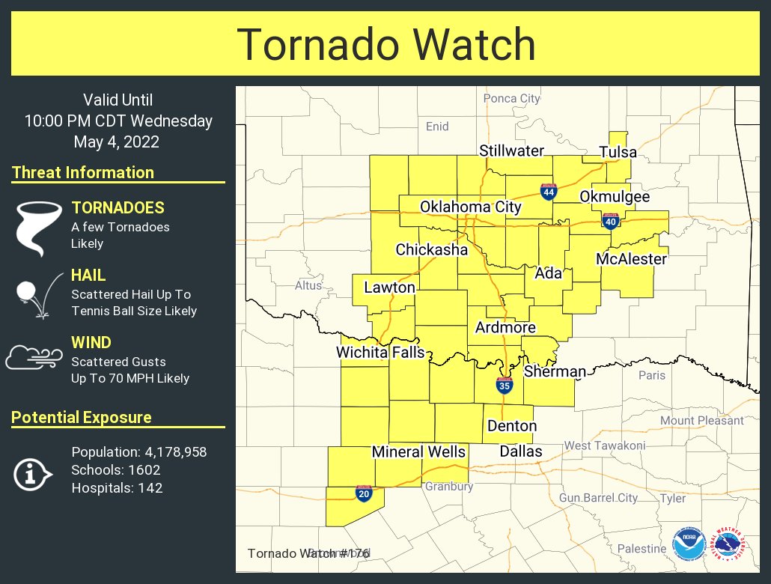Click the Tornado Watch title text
click(x=385, y=44)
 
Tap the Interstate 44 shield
click(x=549, y=192)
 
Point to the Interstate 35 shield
click(x=505, y=386)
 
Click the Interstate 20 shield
click(x=364, y=493)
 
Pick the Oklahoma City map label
click(x=470, y=207)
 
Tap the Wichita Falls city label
click(x=380, y=353)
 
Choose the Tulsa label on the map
click(x=618, y=153)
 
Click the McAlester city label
click(x=631, y=259)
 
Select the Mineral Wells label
click(x=418, y=452)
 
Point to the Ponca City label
click(x=511, y=98)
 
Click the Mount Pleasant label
click(x=701, y=421)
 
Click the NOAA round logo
click(x=688, y=544)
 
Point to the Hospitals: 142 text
click(x=117, y=488)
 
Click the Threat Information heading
click(x=83, y=172)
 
